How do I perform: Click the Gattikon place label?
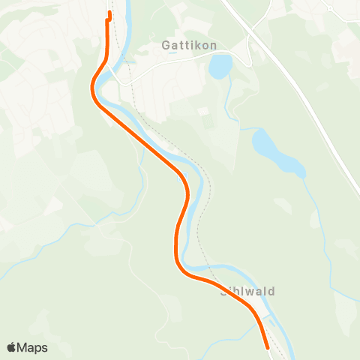(x=189, y=45)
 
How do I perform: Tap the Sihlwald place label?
(x=247, y=291)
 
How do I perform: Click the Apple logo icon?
(x=11, y=347)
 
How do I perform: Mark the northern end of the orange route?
(x=109, y=13)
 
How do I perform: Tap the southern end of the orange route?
(x=268, y=346)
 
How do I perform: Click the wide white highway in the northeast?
(x=300, y=97)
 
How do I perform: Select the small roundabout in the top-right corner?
(x=328, y=7)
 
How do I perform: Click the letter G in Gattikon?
(x=166, y=45)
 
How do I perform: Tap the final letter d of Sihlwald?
(x=271, y=291)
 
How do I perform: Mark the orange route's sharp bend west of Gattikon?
(x=93, y=88)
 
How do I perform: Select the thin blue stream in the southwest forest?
(x=45, y=251)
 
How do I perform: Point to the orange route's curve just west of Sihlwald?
(x=180, y=266)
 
